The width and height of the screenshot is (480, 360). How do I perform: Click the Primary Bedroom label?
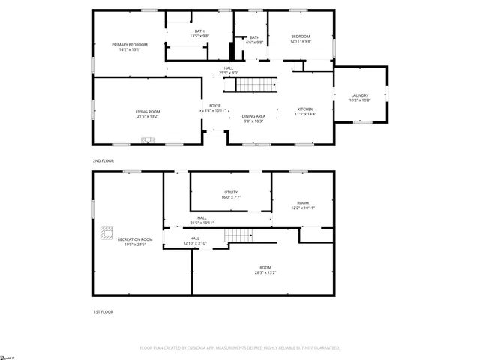point(130,47)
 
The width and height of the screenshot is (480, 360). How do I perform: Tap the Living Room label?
point(148,114)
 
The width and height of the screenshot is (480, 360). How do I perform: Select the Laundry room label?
point(360,97)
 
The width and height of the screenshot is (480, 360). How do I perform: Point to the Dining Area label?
point(253,118)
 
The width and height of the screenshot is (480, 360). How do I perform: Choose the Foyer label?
point(214,109)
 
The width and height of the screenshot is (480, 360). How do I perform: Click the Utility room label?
point(230,195)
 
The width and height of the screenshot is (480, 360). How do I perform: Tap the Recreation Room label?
point(130,241)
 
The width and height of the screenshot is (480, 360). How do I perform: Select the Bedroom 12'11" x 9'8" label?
point(301,40)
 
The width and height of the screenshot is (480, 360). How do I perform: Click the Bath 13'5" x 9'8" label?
point(199,33)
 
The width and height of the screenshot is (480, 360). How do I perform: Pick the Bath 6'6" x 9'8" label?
point(255,40)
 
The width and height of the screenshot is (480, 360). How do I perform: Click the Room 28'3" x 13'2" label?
point(265,270)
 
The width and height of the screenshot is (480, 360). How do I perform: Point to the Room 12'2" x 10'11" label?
point(303,205)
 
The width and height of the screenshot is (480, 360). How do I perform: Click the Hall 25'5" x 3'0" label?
point(229,70)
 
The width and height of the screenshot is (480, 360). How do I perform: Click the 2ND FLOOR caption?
point(103,161)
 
